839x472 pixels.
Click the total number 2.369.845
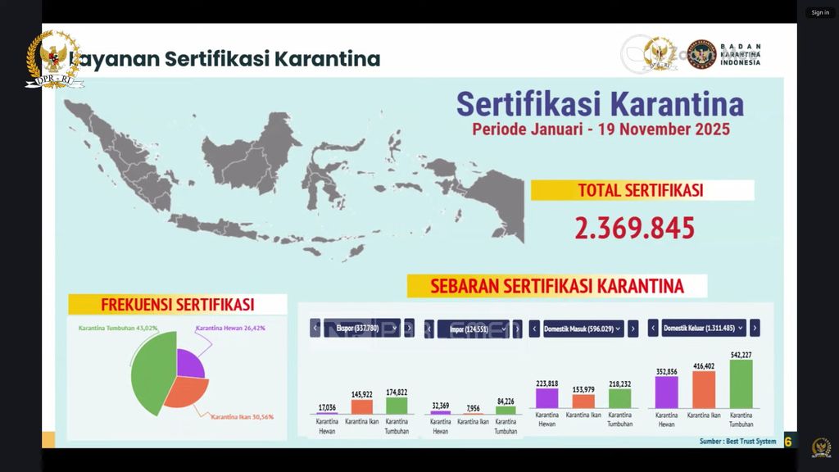tap(635, 228)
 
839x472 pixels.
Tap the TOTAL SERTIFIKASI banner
tap(642, 190)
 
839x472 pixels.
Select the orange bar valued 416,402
tap(704, 390)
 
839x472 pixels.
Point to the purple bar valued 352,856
tap(667, 393)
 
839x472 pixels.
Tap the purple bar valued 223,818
tap(546, 398)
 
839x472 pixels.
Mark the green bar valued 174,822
tap(397, 405)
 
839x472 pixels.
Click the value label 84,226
tap(506, 401)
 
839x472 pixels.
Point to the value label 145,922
tap(361, 393)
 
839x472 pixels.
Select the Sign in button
tap(820, 12)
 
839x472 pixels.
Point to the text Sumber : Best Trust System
tap(737, 442)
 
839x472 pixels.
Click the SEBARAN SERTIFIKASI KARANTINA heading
tap(546, 286)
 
